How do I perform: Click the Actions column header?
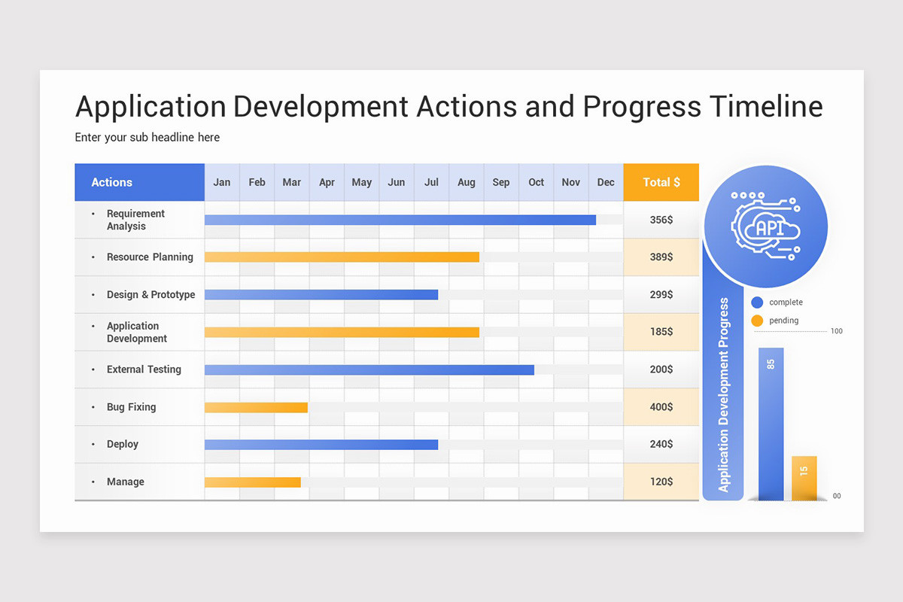(111, 182)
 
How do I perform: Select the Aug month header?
(466, 182)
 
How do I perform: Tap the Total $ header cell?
(661, 182)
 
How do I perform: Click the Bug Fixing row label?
(131, 407)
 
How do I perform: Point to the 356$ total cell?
(661, 220)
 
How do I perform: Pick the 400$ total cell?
(661, 407)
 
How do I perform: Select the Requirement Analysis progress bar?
(400, 220)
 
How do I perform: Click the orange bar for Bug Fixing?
(256, 407)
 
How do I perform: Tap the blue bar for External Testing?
(369, 369)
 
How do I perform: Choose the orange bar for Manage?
(252, 482)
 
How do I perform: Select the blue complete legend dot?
(757, 303)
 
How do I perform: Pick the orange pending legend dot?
(757, 321)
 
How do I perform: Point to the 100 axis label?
(836, 331)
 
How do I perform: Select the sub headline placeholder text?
(147, 137)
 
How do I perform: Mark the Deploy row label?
(122, 444)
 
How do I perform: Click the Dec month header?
(606, 182)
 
